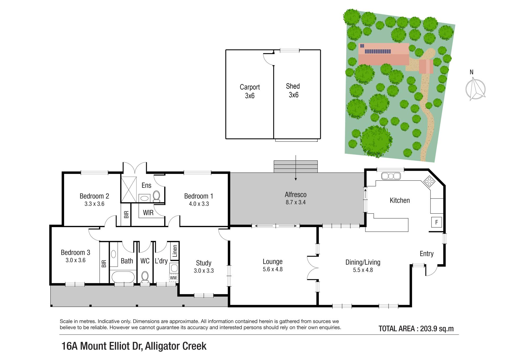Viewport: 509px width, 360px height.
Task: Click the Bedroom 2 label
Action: pyautogui.click(x=94, y=196)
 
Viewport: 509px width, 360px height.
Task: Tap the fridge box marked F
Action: pyautogui.click(x=436, y=222)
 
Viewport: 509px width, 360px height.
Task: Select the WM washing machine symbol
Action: pyautogui.click(x=173, y=278)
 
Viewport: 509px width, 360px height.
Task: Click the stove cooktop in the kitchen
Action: pyautogui.click(x=429, y=181)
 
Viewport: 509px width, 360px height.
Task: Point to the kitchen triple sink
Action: pyautogui.click(x=391, y=176)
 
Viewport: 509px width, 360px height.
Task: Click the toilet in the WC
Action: pyautogui.click(x=145, y=277)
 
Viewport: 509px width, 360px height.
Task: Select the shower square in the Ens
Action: pyautogui.click(x=129, y=189)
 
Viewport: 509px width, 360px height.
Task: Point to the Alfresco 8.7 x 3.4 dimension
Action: pyautogui.click(x=296, y=202)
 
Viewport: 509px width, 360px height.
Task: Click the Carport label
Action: pyautogui.click(x=250, y=87)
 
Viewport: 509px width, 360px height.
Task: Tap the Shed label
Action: pyautogui.click(x=293, y=86)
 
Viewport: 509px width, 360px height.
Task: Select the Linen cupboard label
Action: pyautogui.click(x=175, y=251)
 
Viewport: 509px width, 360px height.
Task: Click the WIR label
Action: pyautogui.click(x=148, y=213)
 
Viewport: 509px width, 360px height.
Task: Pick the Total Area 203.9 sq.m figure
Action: pyautogui.click(x=416, y=329)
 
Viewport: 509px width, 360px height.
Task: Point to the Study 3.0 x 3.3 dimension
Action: pyautogui.click(x=204, y=271)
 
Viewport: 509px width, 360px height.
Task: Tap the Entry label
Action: pyautogui.click(x=427, y=254)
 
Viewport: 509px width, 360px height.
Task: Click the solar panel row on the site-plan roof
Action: pyautogui.click(x=378, y=51)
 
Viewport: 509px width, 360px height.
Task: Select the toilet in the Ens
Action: pyautogui.click(x=156, y=197)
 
